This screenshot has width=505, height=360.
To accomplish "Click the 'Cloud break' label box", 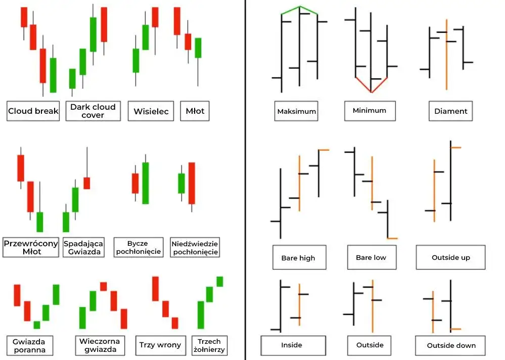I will [33, 111].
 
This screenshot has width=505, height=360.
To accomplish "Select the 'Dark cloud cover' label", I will [93, 111].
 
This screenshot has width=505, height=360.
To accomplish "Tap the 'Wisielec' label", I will [151, 111].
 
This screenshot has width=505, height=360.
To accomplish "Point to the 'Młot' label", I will [195, 111].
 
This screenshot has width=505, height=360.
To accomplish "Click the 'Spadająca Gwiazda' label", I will [83, 247].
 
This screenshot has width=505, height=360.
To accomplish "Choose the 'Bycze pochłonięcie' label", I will [138, 247].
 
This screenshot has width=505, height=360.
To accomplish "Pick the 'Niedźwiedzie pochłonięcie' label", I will [195, 247].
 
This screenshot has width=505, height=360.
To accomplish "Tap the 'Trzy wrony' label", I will [160, 345].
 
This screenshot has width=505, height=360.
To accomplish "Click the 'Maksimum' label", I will [297, 111].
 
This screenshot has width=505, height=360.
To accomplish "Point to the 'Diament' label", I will [451, 111].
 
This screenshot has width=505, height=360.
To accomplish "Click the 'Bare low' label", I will [371, 257].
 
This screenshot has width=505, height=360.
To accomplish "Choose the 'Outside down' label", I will [451, 345].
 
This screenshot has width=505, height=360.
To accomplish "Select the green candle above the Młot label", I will [198, 48].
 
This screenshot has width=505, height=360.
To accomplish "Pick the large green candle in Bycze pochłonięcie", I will [146, 183].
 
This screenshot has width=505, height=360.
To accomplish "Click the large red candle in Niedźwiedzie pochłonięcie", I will [192, 183].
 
